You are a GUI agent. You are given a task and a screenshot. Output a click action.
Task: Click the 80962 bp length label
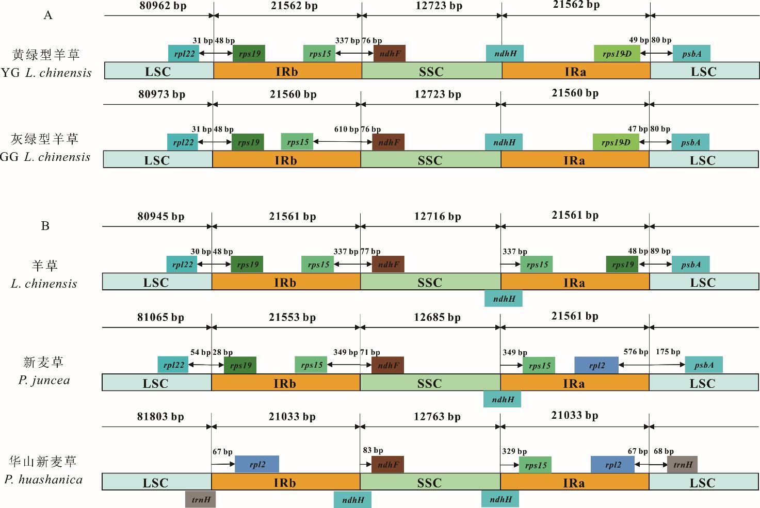(x=163, y=6)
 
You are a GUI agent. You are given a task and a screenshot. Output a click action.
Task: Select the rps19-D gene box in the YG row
(x=617, y=54)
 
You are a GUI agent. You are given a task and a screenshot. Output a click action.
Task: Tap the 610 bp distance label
(x=346, y=129)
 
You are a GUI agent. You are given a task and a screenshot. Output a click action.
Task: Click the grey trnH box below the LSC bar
(x=201, y=499)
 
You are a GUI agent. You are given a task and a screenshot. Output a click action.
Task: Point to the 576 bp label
(x=636, y=352)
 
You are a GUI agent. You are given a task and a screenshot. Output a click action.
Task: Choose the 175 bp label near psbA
(x=668, y=352)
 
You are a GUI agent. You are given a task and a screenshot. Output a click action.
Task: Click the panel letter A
(x=48, y=15)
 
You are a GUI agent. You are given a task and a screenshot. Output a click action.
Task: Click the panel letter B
(x=45, y=226)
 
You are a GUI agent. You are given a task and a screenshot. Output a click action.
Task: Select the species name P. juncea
(x=44, y=381)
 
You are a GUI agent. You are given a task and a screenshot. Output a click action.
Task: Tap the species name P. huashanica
(x=44, y=480)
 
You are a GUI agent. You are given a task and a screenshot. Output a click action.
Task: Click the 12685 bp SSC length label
(x=437, y=318)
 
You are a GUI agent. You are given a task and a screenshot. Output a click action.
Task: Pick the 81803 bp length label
(x=160, y=417)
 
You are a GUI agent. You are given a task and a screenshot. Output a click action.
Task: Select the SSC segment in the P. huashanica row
(x=430, y=482)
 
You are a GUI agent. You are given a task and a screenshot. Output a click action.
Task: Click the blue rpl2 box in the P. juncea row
(x=596, y=365)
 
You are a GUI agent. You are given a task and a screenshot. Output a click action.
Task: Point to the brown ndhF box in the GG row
(x=388, y=142)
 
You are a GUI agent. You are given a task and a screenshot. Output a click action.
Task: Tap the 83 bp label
(x=373, y=450)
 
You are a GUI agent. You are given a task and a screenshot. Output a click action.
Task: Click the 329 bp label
(x=514, y=451)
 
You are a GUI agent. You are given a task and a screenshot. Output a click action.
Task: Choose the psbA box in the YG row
(x=691, y=54)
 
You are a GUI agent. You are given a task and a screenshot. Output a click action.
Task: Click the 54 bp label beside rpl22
(x=200, y=352)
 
